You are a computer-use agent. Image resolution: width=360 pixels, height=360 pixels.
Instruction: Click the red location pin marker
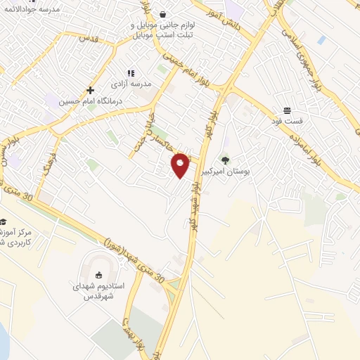click(x=181, y=165)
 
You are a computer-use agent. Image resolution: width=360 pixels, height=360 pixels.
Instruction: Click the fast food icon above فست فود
click(x=287, y=110)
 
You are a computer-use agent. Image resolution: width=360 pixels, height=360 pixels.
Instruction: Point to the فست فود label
click(x=287, y=121)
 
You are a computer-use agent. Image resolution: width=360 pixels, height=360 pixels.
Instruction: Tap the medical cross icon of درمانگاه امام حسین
click(x=91, y=90)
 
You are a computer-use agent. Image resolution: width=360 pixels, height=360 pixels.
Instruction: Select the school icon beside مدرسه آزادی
click(x=130, y=73)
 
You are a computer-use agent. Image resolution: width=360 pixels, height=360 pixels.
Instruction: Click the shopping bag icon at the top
click(x=163, y=13)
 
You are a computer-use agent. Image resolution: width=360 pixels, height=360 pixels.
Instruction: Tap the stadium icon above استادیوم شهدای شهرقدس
click(x=98, y=275)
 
